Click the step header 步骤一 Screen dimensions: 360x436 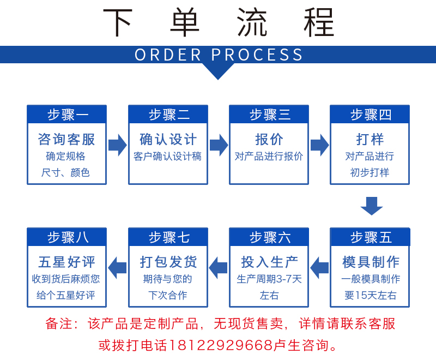[x=67, y=115]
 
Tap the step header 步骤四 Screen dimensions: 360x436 [x=370, y=115]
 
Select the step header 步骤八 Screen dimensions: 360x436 [x=67, y=237]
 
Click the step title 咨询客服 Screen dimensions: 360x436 [x=67, y=139]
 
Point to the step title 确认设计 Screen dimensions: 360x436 [x=168, y=139]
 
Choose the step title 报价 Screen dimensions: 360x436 [x=269, y=139]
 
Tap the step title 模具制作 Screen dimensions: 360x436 [x=370, y=262]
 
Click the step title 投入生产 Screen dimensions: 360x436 [x=269, y=262]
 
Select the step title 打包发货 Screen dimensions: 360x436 [x=168, y=262]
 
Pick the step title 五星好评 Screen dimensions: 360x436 [x=67, y=262]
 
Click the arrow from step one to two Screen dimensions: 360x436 [x=117, y=145]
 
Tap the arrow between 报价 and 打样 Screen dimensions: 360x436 [x=319, y=145]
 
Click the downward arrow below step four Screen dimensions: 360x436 [x=371, y=206]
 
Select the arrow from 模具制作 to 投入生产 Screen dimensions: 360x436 [x=319, y=267]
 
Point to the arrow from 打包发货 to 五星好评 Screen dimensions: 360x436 [x=117, y=267]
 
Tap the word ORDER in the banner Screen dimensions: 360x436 [x=168, y=55]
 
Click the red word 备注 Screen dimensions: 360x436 [x=59, y=323]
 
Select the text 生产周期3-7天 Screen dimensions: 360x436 [x=269, y=279]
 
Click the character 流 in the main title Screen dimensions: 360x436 [x=252, y=23]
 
